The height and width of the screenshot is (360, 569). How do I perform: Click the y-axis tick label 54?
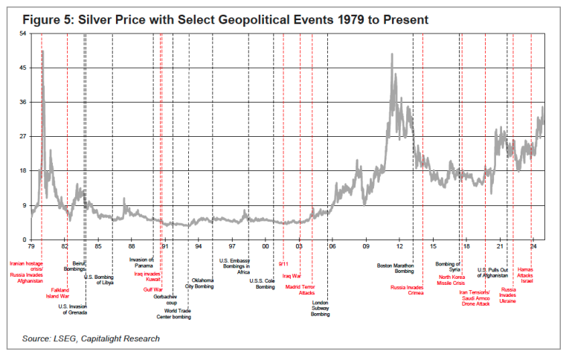pyautogui.click(x=22, y=33)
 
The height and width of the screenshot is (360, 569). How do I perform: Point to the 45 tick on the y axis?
pyautogui.click(x=22, y=68)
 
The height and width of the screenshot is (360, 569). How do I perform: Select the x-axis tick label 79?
pyautogui.click(x=31, y=245)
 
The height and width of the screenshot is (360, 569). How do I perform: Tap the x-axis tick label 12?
pyautogui.click(x=399, y=245)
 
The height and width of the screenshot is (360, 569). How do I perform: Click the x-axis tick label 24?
pyautogui.click(x=533, y=245)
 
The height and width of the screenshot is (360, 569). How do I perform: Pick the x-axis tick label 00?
pyautogui.click(x=266, y=245)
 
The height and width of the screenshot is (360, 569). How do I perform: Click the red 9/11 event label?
pyautogui.click(x=283, y=264)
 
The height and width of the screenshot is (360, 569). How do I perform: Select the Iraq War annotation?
pyautogui.click(x=292, y=276)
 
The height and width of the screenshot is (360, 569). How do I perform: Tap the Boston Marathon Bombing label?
pyautogui.click(x=395, y=268)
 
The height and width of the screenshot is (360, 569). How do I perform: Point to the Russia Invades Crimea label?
pyautogui.click(x=407, y=289)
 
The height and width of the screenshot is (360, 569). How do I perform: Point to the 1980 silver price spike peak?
pyautogui.click(x=42, y=51)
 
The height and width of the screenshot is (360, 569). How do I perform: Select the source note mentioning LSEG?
pyautogui.click(x=90, y=339)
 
